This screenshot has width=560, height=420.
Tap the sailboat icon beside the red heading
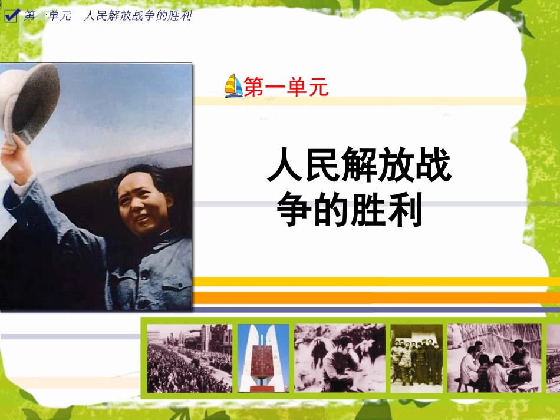click(x=233, y=86)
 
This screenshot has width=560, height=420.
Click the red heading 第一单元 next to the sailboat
click(x=286, y=88)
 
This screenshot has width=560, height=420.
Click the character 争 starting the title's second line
click(x=294, y=211)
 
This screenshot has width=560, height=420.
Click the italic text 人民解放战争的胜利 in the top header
click(x=138, y=16)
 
